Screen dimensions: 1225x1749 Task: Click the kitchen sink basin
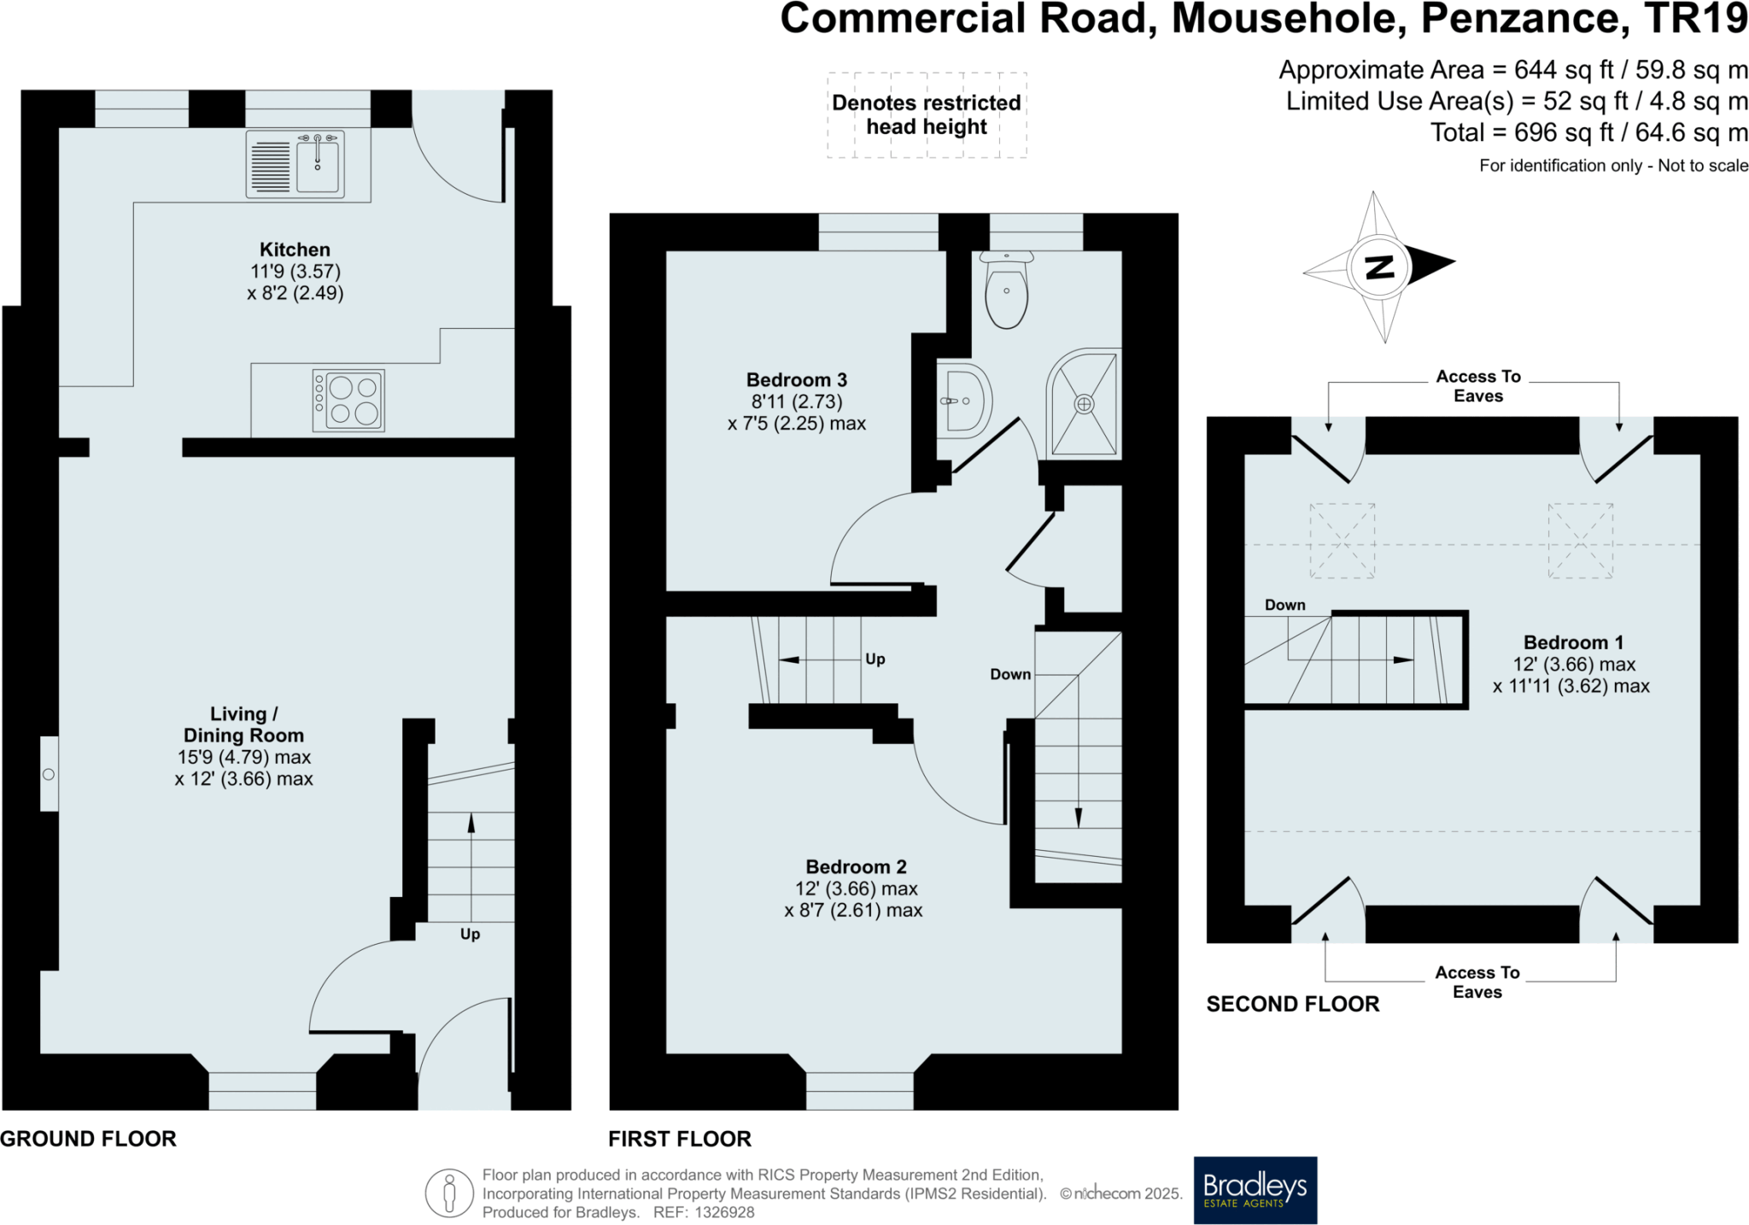tap(318, 165)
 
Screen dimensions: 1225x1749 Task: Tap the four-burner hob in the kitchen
tap(348, 400)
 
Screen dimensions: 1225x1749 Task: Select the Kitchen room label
tap(295, 249)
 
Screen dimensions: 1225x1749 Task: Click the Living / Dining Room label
tap(243, 724)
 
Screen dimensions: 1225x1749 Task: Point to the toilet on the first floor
tap(1006, 290)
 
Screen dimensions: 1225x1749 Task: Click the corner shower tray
tap(1084, 403)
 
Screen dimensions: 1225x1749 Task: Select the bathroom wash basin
tap(965, 400)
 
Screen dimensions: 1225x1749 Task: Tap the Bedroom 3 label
tap(796, 380)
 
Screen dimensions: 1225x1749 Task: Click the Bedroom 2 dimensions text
tap(853, 900)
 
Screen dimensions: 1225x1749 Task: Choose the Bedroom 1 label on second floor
tap(1573, 642)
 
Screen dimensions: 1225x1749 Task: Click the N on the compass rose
tap(1379, 267)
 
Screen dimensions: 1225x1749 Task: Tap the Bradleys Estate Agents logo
tap(1255, 1190)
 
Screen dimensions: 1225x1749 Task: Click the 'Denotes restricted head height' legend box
tap(927, 114)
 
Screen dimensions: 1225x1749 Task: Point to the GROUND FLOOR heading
tap(88, 1139)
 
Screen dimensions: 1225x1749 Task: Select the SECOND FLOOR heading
tap(1292, 1004)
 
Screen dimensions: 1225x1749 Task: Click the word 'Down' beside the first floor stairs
tap(1010, 674)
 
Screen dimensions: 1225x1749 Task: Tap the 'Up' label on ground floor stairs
tap(470, 934)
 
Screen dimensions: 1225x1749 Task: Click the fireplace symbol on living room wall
tap(49, 774)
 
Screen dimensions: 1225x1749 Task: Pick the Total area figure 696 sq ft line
tap(1588, 133)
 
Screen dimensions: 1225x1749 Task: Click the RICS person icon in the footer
tap(449, 1193)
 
